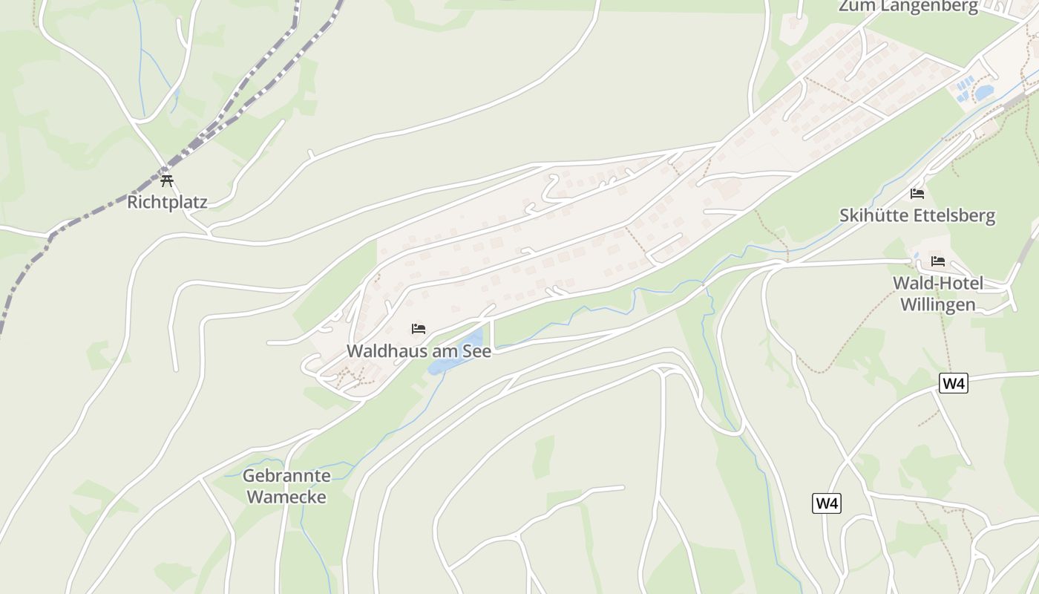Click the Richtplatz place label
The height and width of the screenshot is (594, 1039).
(x=167, y=202)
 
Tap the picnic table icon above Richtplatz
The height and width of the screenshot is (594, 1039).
(x=167, y=180)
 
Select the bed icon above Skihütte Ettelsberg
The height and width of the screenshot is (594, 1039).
(x=917, y=194)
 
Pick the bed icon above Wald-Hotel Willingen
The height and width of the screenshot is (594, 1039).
(x=938, y=261)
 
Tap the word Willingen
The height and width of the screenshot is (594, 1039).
(x=937, y=304)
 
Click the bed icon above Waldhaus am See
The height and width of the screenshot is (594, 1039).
(x=419, y=329)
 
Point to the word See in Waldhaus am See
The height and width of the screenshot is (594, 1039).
(x=477, y=351)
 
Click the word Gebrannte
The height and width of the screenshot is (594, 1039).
(x=286, y=475)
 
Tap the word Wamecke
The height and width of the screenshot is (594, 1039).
(x=286, y=497)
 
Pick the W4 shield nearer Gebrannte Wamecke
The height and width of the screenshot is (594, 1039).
(x=827, y=503)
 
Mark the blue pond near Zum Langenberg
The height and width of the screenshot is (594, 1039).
(x=984, y=93)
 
